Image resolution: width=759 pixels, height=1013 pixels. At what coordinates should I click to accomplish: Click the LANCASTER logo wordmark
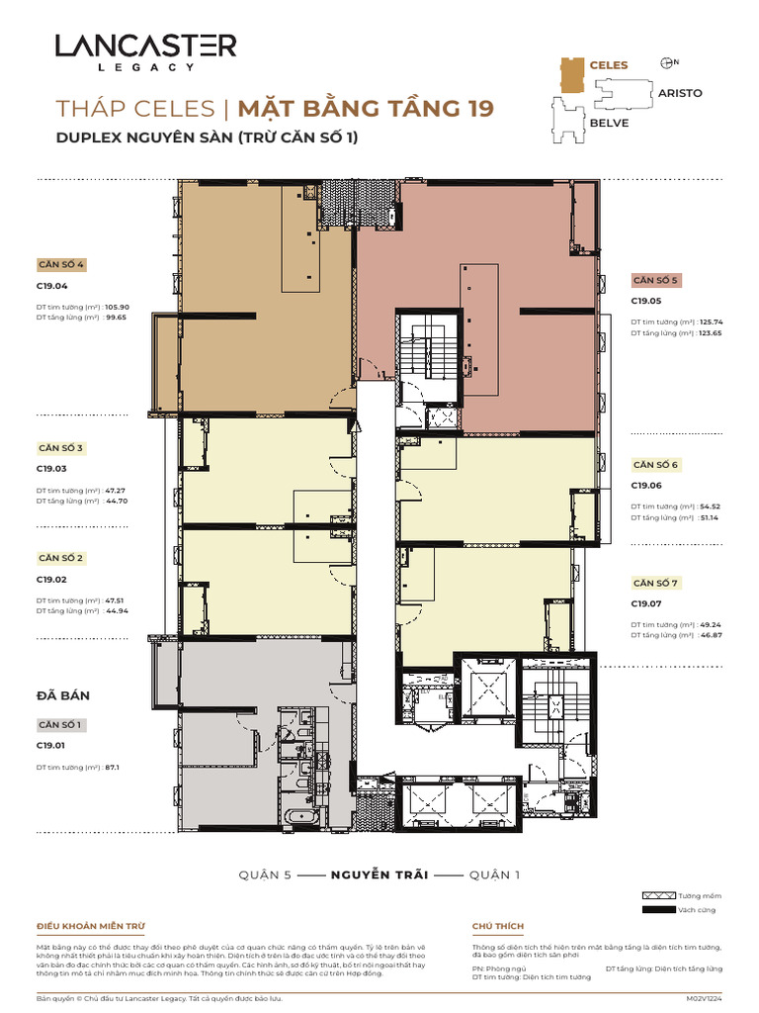145,46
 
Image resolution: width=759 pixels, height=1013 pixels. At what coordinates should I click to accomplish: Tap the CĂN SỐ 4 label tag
61,265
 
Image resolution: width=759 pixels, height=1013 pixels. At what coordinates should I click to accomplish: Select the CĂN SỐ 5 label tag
655,280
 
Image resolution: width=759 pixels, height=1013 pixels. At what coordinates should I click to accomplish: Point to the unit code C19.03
51,469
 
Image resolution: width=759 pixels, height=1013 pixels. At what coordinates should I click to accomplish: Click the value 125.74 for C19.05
711,322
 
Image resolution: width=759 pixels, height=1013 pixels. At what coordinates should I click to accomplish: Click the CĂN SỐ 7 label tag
655,583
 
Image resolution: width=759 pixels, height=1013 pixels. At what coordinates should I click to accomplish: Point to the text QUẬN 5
266,875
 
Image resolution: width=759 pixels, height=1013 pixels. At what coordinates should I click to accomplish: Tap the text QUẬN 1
494,875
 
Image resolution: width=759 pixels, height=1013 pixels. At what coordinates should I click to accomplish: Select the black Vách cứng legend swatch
655,910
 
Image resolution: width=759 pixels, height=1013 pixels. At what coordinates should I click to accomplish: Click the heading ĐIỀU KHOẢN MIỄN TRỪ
91,926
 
